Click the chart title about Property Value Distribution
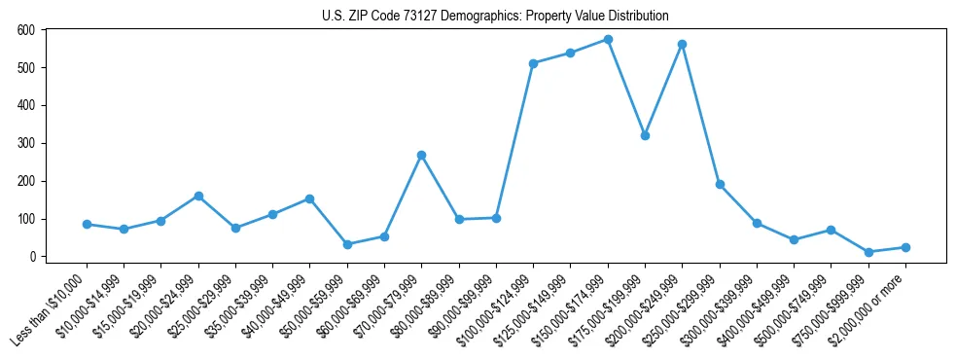(495, 16)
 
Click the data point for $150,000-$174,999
(608, 40)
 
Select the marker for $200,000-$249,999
(683, 45)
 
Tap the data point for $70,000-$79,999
(421, 155)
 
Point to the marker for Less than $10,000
(88, 224)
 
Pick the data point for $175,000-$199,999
(645, 135)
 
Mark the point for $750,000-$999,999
(868, 252)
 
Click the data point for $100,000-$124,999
(533, 63)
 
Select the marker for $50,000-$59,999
(347, 244)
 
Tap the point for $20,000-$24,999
(198, 196)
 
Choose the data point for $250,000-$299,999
(720, 184)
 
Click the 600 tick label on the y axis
(26, 30)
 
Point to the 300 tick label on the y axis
(26, 143)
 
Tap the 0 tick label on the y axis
(32, 257)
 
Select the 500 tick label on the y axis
(26, 68)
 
